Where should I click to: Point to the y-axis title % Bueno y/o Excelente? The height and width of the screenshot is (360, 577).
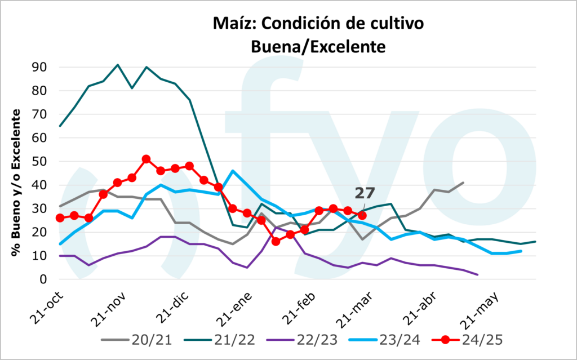coord(16,183)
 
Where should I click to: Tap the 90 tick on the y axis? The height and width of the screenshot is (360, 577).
coord(39,67)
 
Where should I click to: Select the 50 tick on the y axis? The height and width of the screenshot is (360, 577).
coord(39,161)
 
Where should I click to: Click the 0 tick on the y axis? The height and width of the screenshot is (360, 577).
coord(43,279)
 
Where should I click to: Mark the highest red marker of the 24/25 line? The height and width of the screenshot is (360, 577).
coord(146,159)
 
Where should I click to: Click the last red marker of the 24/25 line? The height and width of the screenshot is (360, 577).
coord(362,215)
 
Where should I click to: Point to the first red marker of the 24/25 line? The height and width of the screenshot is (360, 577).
coord(60,218)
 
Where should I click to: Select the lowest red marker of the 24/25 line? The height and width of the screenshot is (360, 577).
coord(276,241)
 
